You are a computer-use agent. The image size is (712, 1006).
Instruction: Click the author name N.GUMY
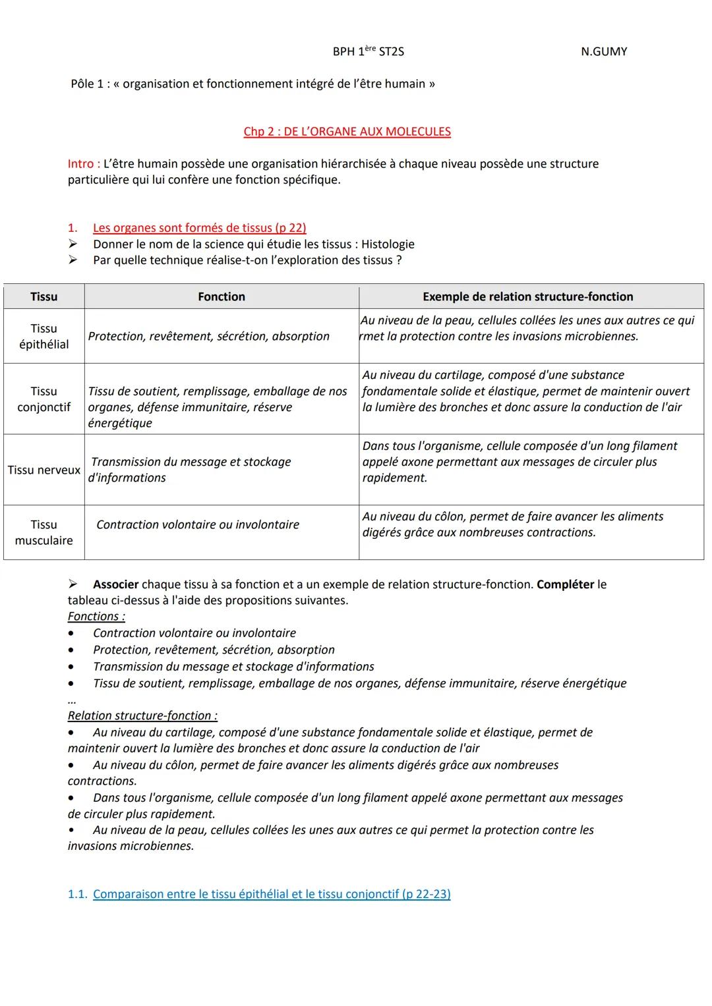click(603, 51)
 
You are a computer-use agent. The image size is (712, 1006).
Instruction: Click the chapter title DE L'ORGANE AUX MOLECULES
click(347, 131)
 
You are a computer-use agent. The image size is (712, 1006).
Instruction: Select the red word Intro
click(84, 163)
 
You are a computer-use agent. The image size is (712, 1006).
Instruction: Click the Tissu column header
click(44, 296)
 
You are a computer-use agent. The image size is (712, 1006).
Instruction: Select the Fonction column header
click(222, 296)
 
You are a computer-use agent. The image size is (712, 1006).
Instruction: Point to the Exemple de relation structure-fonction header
click(527, 296)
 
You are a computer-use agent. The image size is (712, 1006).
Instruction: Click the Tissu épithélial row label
click(44, 336)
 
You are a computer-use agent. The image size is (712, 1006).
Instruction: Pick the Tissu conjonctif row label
click(44, 399)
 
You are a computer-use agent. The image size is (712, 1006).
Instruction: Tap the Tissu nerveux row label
click(44, 470)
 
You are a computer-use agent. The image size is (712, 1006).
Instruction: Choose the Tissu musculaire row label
click(44, 532)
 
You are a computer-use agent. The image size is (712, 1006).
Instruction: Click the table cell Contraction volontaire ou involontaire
click(198, 524)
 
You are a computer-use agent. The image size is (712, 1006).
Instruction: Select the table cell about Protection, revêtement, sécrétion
click(208, 336)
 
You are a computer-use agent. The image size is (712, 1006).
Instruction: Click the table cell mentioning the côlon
click(512, 524)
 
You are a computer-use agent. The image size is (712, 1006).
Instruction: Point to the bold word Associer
click(116, 584)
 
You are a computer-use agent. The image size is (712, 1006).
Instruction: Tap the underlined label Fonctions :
click(96, 617)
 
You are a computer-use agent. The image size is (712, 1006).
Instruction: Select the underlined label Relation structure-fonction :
click(142, 715)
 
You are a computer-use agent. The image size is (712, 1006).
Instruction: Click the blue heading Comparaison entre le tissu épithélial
click(272, 894)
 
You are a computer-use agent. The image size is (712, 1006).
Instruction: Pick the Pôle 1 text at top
click(252, 84)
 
